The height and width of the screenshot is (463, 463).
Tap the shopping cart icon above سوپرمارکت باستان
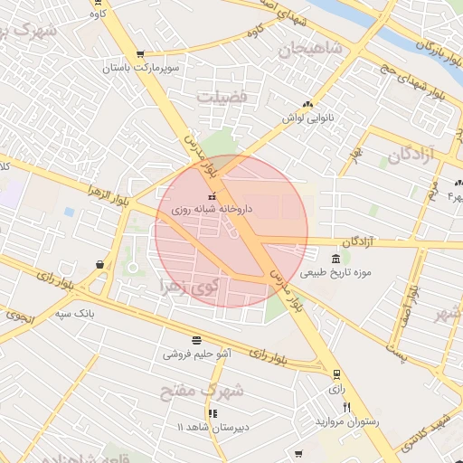pyautogui.click(x=139, y=54)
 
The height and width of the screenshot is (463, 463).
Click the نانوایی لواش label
pyautogui.click(x=307, y=118)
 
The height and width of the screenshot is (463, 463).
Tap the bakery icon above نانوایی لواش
pyautogui.click(x=307, y=105)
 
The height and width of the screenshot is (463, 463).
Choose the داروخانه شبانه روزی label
pyautogui.click(x=213, y=209)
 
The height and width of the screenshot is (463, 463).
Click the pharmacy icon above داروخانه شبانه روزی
pyautogui.click(x=213, y=196)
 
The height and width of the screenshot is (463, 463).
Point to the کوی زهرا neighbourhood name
pyautogui.click(x=190, y=287)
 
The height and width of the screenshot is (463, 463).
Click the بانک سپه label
pyautogui.click(x=75, y=313)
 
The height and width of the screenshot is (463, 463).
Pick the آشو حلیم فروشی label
pyautogui.click(x=197, y=354)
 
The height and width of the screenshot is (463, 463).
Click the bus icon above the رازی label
pyautogui.click(x=336, y=373)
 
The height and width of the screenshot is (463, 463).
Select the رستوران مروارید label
pyautogui.click(x=347, y=422)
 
